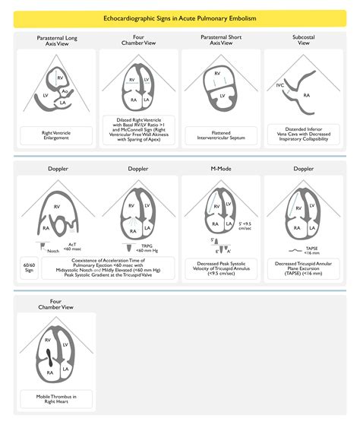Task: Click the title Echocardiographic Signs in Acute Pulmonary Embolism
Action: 180,16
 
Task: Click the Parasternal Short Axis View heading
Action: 223,40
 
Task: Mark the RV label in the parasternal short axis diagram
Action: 217,74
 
